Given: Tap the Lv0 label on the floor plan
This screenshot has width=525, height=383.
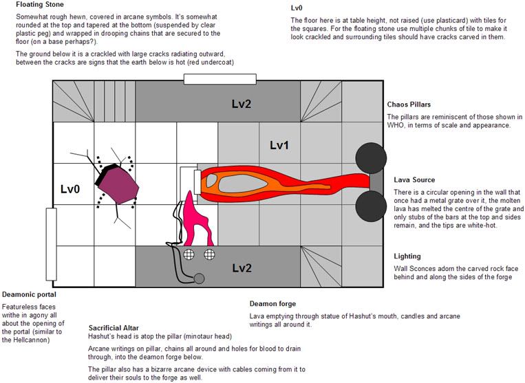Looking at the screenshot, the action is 70,189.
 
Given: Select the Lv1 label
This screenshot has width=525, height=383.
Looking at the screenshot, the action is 279,145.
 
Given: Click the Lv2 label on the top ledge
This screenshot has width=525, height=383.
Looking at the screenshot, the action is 242,104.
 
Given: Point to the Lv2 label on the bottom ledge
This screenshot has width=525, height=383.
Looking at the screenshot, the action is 242,268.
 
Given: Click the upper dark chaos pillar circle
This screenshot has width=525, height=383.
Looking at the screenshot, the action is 371,158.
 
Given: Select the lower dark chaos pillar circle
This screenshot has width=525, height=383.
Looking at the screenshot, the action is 371,206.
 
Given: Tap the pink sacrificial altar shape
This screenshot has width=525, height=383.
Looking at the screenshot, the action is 196,220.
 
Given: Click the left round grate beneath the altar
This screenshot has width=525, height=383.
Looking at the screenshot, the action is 189,254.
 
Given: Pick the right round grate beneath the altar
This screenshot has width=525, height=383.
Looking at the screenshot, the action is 210,254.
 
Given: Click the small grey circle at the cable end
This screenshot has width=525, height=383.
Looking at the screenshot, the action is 200,278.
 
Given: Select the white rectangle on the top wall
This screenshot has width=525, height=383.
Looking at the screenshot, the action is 220,79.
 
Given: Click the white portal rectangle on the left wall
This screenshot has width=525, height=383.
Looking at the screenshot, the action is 51,244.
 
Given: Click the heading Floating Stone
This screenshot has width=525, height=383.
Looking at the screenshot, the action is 39,5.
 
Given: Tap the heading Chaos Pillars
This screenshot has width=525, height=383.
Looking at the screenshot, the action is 409,105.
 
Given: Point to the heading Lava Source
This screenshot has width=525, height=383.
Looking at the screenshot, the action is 414,179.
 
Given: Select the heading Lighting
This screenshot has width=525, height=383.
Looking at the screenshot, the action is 407,256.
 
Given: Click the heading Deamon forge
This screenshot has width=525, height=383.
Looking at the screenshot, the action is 272,304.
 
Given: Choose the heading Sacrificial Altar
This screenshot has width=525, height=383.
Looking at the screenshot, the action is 114,328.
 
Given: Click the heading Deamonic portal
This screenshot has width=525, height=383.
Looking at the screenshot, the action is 29,295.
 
